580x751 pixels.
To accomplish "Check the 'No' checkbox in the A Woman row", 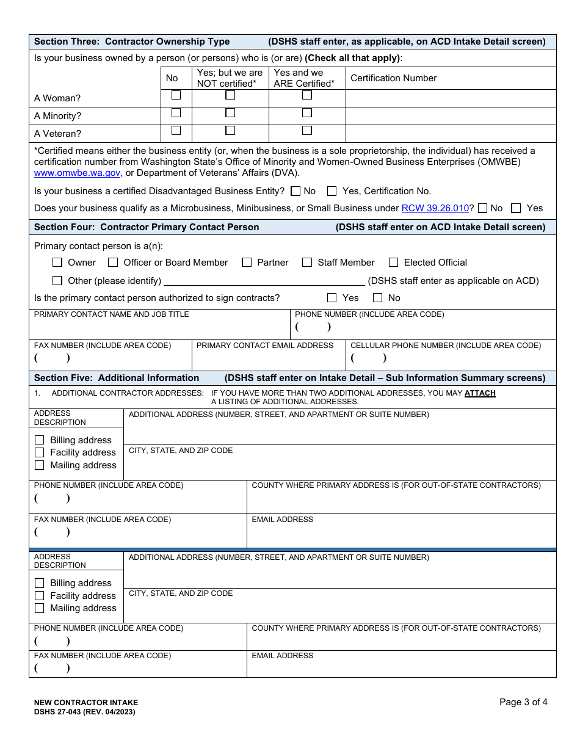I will coord(176,95).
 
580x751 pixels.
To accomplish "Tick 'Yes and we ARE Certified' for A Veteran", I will coord(307,131).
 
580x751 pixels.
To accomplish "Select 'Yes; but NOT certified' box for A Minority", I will coord(230,113).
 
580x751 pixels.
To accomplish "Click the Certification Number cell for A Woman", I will coord(451,98).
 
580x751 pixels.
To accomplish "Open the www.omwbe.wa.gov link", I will coord(77,173).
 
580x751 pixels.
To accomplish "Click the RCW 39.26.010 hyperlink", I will coord(435,208).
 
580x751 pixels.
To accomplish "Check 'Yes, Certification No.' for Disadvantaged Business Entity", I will coord(332,191).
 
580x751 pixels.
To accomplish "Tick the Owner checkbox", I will coord(57,263).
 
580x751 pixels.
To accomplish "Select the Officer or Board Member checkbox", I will coord(113,263).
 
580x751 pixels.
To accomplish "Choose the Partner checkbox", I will coord(247,263).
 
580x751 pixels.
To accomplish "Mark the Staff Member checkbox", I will coord(307,263).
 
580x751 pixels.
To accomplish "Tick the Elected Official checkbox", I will coord(393,263).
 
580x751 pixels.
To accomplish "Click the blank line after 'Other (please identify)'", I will coord(264,281).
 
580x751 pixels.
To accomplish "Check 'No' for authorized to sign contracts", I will coord(378,298).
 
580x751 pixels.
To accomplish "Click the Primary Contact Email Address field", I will coord(269,359).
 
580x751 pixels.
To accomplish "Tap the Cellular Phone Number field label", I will coord(445,346).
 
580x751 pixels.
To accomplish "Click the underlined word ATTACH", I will coord(480,393).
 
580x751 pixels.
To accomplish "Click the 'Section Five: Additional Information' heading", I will coord(117,378).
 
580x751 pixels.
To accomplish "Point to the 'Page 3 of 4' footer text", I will coord(523,702).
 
